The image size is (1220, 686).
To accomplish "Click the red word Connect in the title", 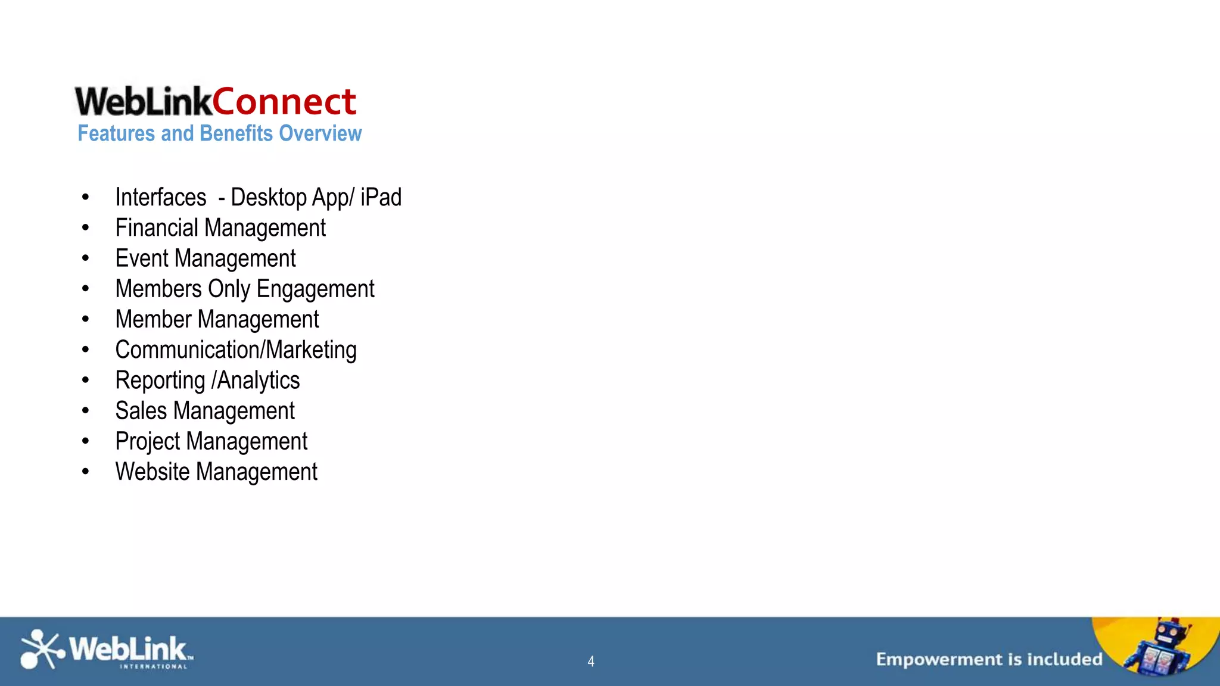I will coord(284,102).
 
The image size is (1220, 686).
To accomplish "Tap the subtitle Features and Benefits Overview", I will coord(219,133).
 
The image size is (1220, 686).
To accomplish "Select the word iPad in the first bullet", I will coord(381,197).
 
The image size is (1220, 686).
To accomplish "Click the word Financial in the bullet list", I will coord(157,228).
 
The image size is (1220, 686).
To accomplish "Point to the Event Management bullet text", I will coord(205,258).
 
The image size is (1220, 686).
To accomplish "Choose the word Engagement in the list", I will coord(315,289).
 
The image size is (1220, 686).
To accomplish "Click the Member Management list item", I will coord(217,320).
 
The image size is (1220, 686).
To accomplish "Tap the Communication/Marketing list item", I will coord(235,350).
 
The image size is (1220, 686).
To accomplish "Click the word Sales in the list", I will coord(141,411).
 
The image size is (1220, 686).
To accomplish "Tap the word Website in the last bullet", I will coord(152,472).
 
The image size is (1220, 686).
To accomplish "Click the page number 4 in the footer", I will coord(591,661).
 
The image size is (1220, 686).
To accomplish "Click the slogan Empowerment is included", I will coord(989,659).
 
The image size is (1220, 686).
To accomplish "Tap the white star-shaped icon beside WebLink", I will coord(41,649).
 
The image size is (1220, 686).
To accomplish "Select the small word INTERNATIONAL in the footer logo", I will coord(154,667).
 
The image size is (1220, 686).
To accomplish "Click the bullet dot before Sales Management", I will coord(86,411).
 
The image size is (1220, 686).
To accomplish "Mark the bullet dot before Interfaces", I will coord(86,197).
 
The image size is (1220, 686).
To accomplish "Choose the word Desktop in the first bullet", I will coord(268,197).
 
